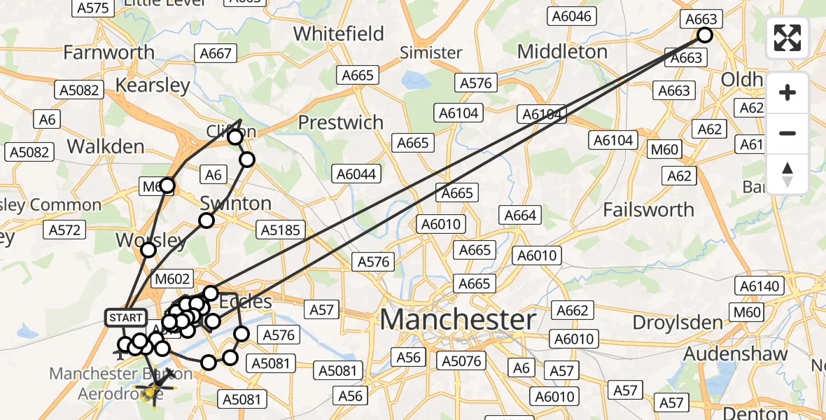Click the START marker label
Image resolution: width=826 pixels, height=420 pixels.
click(x=126, y=318)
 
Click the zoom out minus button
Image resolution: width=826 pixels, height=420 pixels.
click(x=787, y=133)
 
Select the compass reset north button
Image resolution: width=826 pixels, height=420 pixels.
click(x=787, y=173)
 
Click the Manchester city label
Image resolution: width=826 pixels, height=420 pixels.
click(x=458, y=320)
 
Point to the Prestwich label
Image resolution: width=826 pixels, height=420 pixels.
click(x=341, y=122)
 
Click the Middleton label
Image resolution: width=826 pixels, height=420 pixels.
click(x=562, y=51)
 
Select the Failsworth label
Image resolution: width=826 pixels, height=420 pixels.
click(x=648, y=209)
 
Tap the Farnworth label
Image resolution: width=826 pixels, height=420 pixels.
click(x=108, y=52)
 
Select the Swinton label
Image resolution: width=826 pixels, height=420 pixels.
click(x=235, y=204)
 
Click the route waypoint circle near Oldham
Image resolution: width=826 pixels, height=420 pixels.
click(x=705, y=35)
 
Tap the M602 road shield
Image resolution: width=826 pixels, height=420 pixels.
click(x=172, y=279)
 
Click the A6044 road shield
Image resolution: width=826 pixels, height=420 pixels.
click(x=356, y=174)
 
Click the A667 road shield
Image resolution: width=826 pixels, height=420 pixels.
click(x=216, y=53)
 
